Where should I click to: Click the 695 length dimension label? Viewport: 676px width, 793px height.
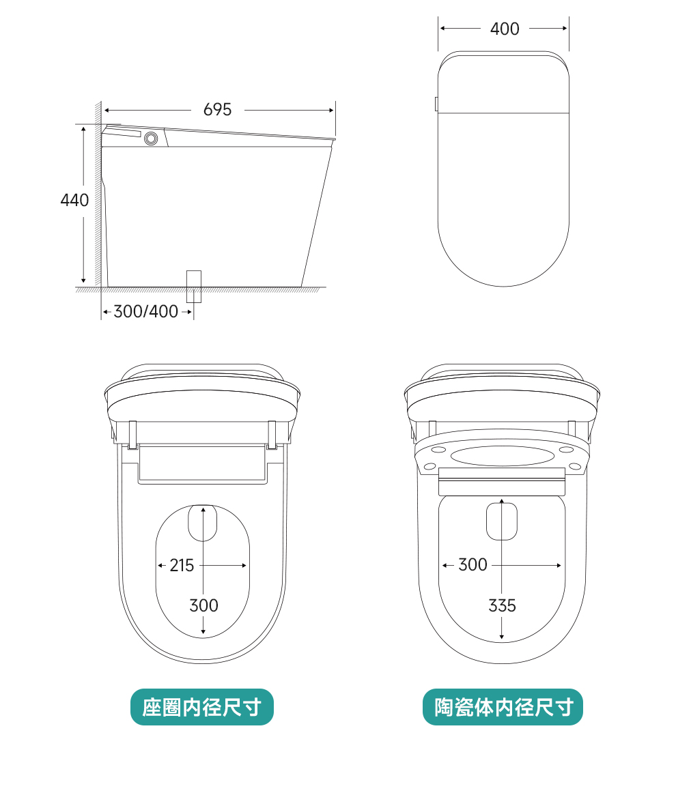pyautogui.click(x=217, y=109)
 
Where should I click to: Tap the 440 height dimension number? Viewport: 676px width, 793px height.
pyautogui.click(x=74, y=200)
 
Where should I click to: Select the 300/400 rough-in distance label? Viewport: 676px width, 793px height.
pyautogui.click(x=145, y=312)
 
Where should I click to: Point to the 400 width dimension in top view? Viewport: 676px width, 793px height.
pyautogui.click(x=505, y=29)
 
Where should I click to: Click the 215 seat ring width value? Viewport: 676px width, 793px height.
pyautogui.click(x=182, y=565)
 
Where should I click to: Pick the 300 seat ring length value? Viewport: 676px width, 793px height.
pyautogui.click(x=203, y=605)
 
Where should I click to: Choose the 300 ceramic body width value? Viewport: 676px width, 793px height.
pyautogui.click(x=473, y=564)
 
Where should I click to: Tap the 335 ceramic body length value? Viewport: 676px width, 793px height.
pyautogui.click(x=502, y=605)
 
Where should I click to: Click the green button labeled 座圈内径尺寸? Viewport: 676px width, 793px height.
pyautogui.click(x=202, y=707)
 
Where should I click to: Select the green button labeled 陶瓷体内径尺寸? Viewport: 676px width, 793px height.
pyautogui.click(x=503, y=707)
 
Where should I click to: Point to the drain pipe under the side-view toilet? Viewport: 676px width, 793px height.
pyautogui.click(x=194, y=285)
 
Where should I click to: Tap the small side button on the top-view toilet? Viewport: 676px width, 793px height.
pyautogui.click(x=436, y=104)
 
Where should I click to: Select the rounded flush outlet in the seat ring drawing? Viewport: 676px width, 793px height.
pyautogui.click(x=202, y=523)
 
